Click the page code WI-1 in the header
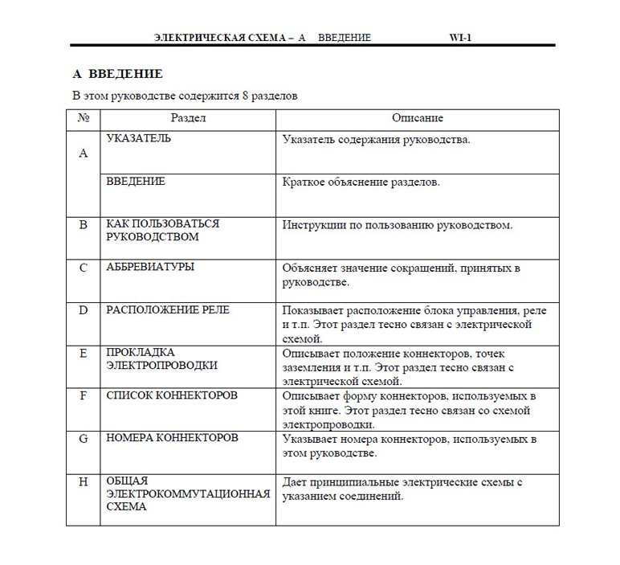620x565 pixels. click(460, 37)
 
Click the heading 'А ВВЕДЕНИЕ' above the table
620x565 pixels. click(117, 74)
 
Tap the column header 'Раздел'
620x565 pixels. click(189, 118)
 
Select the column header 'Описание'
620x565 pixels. click(418, 118)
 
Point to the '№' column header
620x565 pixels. click(84, 118)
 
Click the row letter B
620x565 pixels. click(84, 224)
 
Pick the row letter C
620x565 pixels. click(84, 268)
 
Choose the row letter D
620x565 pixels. click(84, 310)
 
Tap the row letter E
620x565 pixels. click(84, 353)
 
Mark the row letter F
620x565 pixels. click(84, 395)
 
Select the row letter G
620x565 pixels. click(84, 439)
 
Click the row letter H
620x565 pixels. click(84, 481)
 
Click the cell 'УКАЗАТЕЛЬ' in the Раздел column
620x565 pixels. click(139, 138)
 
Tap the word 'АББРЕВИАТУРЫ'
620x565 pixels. click(150, 267)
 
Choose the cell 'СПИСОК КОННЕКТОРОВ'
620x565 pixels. click(172, 395)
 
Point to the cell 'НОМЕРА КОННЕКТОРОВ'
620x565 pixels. click(172, 438)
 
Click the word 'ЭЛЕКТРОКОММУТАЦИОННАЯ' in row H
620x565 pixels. click(188, 493)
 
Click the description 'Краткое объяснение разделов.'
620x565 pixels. click(361, 182)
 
